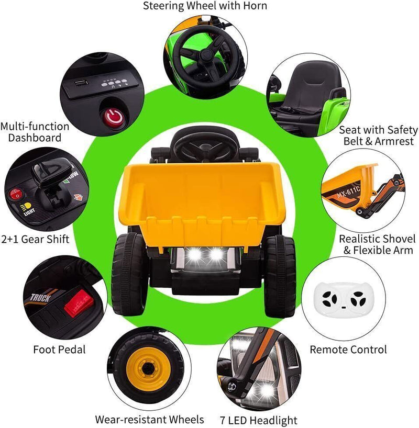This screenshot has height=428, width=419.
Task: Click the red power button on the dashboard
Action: (x=113, y=116)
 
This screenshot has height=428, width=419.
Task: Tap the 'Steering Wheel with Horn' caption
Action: (x=205, y=6)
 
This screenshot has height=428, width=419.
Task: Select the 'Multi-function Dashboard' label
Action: (x=35, y=132)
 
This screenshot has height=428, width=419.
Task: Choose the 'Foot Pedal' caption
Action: (x=59, y=348)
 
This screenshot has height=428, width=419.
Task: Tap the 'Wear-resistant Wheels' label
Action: (x=149, y=419)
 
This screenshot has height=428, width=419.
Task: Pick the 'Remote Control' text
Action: (x=348, y=349)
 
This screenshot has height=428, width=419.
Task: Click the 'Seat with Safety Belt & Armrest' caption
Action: (x=378, y=136)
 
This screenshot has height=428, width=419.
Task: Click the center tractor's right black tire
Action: (x=280, y=276)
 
